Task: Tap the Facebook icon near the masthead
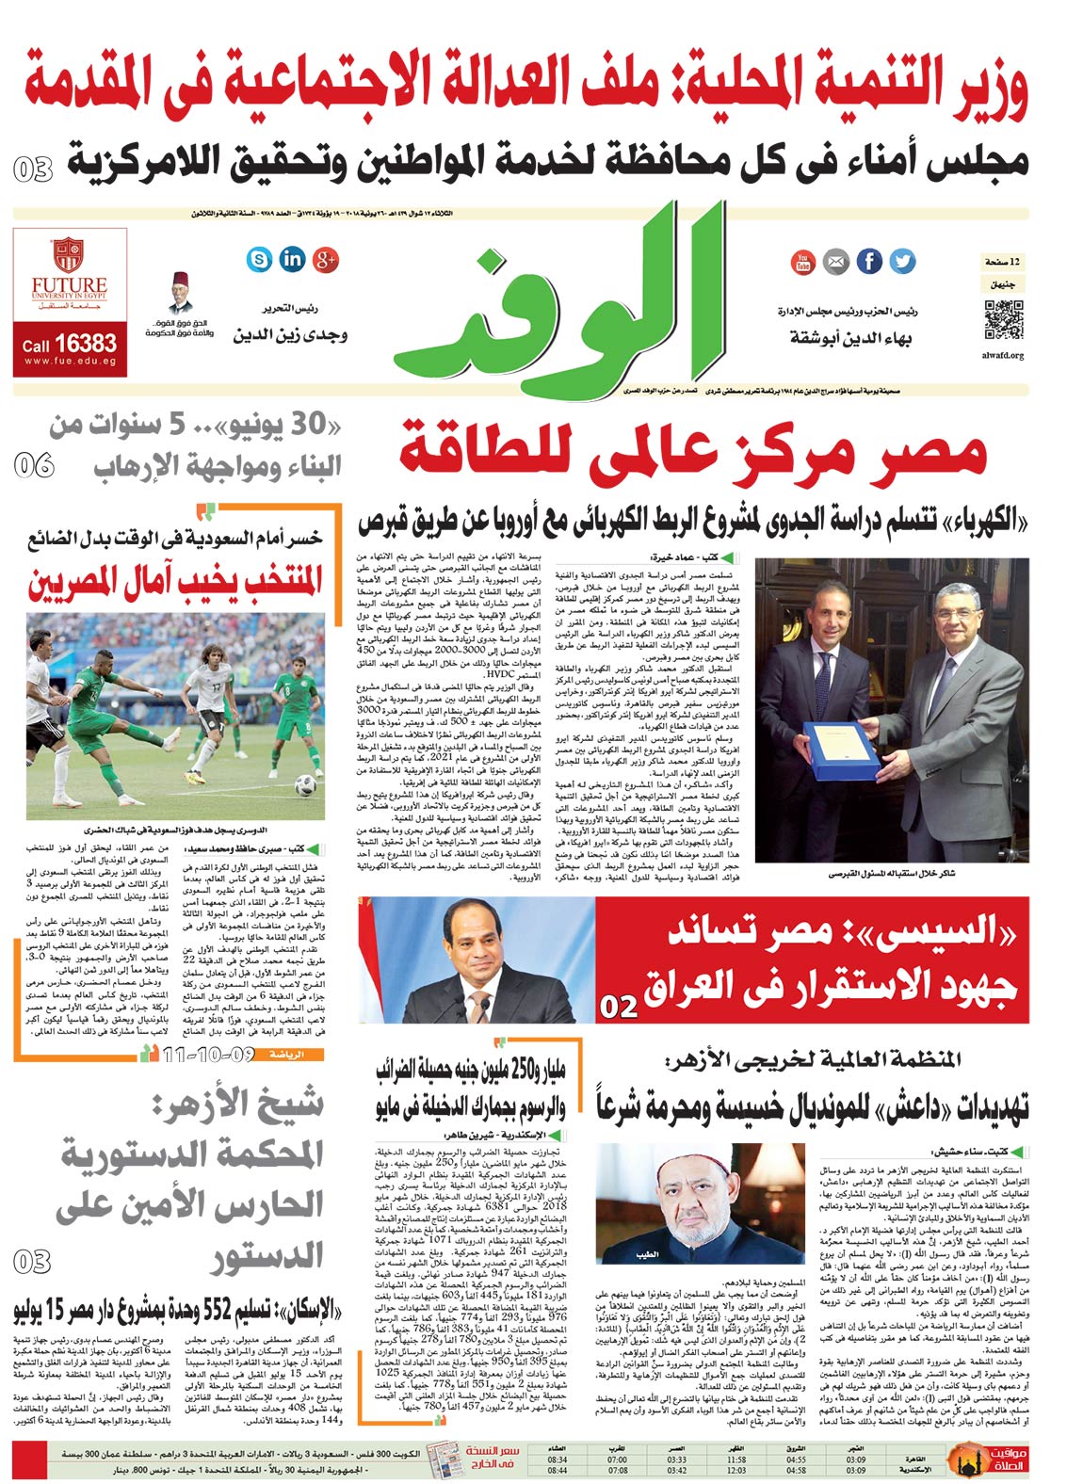868,261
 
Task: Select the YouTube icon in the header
803,261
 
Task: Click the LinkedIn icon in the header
293,258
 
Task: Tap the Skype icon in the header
259,258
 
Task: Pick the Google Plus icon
326,258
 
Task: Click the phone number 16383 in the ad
86,344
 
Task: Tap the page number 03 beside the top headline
33,169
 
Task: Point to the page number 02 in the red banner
619,1007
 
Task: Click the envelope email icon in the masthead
835,261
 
